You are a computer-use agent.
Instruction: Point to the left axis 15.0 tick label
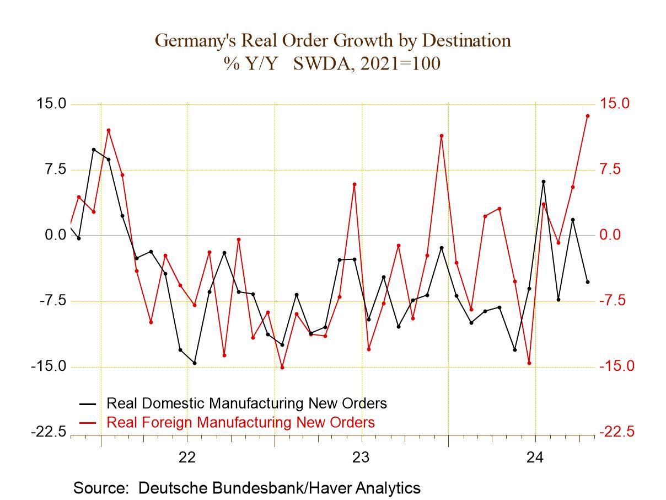pyautogui.click(x=51, y=104)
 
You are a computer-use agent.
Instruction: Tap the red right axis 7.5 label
pyautogui.click(x=614, y=169)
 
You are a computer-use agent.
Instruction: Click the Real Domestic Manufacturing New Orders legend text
pyautogui.click(x=246, y=403)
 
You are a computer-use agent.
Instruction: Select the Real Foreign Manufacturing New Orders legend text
pyautogui.click(x=240, y=422)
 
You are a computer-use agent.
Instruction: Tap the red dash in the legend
pyautogui.click(x=88, y=423)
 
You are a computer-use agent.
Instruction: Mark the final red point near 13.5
pyautogui.click(x=587, y=116)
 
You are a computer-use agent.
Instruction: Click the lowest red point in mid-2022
pyautogui.click(x=282, y=368)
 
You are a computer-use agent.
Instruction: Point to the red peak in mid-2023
pyautogui.click(x=442, y=136)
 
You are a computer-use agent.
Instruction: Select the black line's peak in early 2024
pyautogui.click(x=543, y=182)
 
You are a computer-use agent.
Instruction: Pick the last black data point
pyautogui.click(x=587, y=282)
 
